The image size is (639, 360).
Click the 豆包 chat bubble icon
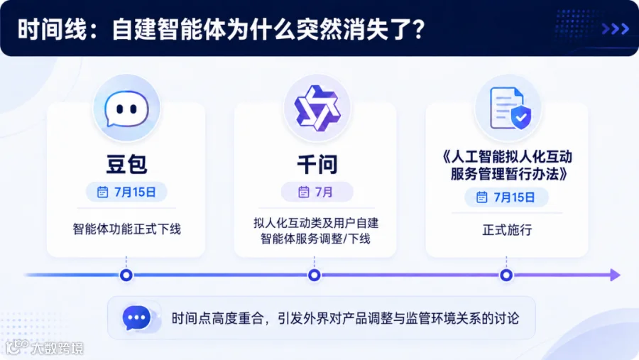point(126,109)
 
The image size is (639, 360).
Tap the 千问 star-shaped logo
point(317,108)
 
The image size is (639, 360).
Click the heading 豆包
point(126,164)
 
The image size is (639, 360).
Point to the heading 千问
point(317,164)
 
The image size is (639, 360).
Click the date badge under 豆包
point(126,192)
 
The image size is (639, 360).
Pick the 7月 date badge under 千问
point(317,192)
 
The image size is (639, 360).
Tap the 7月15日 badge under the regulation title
point(506,197)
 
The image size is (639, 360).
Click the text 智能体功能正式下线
point(127,229)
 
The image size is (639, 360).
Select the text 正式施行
point(507,230)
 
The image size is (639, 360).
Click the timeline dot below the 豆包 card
point(126,276)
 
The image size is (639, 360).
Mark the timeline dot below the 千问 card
point(315,276)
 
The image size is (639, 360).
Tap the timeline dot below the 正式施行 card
point(506,276)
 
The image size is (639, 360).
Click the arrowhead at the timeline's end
point(616,276)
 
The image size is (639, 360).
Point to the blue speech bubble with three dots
point(136,317)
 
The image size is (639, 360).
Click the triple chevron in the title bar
point(616,28)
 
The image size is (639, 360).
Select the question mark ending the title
point(417,29)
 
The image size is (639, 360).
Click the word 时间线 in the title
point(53,29)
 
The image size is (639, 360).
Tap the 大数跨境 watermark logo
point(45,348)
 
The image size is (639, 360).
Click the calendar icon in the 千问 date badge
point(304,192)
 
